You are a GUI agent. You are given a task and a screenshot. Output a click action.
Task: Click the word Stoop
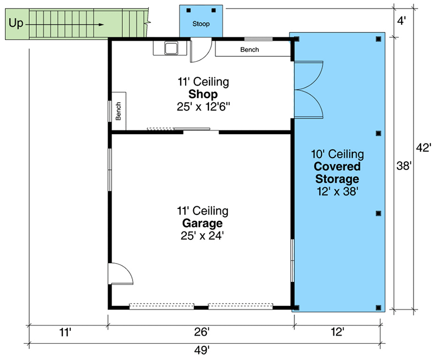201,24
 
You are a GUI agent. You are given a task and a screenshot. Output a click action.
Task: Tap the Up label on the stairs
16,24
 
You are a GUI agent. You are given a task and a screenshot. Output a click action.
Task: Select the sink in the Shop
172,48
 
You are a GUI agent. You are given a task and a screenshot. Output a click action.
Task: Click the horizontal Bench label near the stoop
250,50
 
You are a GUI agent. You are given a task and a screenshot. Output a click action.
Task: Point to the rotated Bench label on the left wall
119,112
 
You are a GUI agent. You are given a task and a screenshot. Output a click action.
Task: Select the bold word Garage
203,223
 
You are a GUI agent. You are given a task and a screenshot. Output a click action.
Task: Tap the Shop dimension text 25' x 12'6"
203,107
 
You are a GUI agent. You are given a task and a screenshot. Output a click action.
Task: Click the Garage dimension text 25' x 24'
203,235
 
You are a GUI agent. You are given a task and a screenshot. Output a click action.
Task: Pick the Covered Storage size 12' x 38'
338,191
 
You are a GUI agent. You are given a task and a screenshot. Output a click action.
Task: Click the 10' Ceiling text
338,155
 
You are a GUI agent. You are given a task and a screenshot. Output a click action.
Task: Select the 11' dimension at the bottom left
64,331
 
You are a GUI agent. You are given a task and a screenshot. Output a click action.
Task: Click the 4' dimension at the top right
401,22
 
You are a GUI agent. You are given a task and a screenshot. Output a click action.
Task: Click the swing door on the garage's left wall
120,274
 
